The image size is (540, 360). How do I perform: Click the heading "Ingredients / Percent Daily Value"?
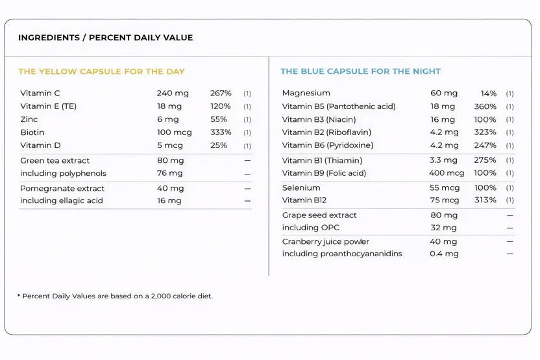point(105,38)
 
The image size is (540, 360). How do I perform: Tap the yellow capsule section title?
point(102,71)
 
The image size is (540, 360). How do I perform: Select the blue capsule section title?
point(361,71)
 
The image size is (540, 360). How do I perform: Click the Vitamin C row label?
point(40,93)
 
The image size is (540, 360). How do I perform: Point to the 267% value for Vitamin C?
point(221,93)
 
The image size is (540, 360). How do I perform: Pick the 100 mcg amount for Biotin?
point(174,132)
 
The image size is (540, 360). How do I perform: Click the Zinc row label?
point(29,119)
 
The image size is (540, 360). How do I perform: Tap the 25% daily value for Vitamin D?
point(219,145)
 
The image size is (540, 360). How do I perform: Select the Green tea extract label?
point(55,161)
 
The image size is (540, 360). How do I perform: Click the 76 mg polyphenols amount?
point(170,173)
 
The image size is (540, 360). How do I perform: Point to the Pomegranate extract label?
point(62,189)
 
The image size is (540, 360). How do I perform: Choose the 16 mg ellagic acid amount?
point(169,200)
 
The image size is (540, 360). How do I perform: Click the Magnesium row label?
point(306,93)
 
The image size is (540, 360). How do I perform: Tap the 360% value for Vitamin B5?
point(485,106)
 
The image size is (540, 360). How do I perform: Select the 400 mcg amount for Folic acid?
point(447,173)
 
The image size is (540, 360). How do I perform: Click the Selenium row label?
point(301,188)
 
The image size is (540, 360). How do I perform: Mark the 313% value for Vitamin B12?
point(485,200)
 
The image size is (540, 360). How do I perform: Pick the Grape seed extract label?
point(319,215)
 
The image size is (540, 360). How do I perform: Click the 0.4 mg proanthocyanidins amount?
point(444,254)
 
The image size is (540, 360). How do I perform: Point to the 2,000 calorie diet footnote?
point(115,296)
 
